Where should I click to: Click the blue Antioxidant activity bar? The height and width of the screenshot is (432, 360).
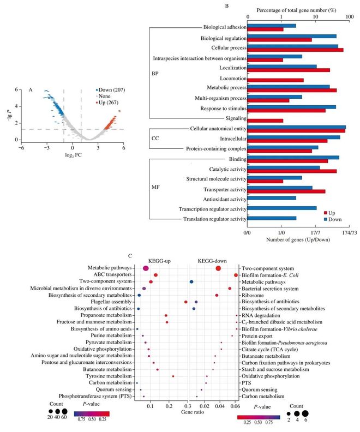pyautogui.click(x=272, y=198)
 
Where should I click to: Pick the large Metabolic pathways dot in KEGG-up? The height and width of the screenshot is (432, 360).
pyautogui.click(x=146, y=268)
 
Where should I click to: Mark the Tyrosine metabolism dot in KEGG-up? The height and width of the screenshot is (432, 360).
pyautogui.click(x=173, y=376)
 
